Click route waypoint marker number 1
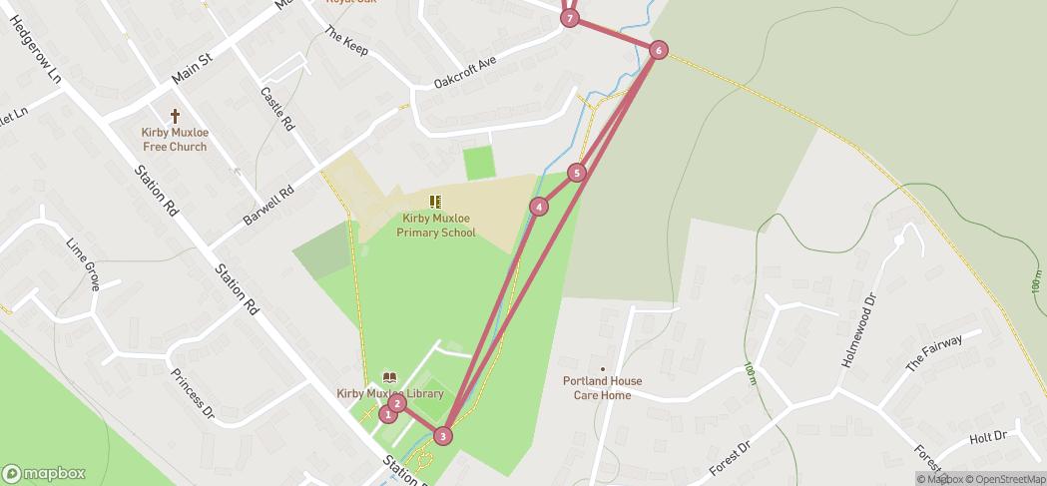click(x=388, y=414)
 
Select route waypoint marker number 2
click(x=397, y=403)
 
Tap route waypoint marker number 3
click(x=443, y=435)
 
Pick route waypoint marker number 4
click(x=539, y=207)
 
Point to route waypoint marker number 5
click(x=576, y=173)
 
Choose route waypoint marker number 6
click(x=658, y=50)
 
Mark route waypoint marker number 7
click(x=570, y=18)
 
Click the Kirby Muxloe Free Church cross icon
click(x=175, y=117)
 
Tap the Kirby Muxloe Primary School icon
click(x=435, y=202)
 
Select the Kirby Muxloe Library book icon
click(x=390, y=378)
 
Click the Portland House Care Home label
click(x=602, y=388)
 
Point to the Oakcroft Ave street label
click(x=464, y=72)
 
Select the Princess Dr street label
click(x=193, y=393)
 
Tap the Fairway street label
click(x=934, y=354)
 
